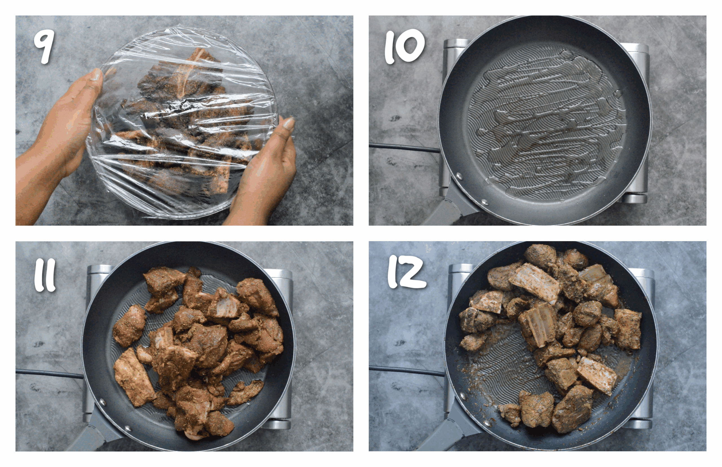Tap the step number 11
45,275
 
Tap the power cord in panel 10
403,148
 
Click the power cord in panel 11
49,374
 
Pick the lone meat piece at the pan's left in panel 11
129,326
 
